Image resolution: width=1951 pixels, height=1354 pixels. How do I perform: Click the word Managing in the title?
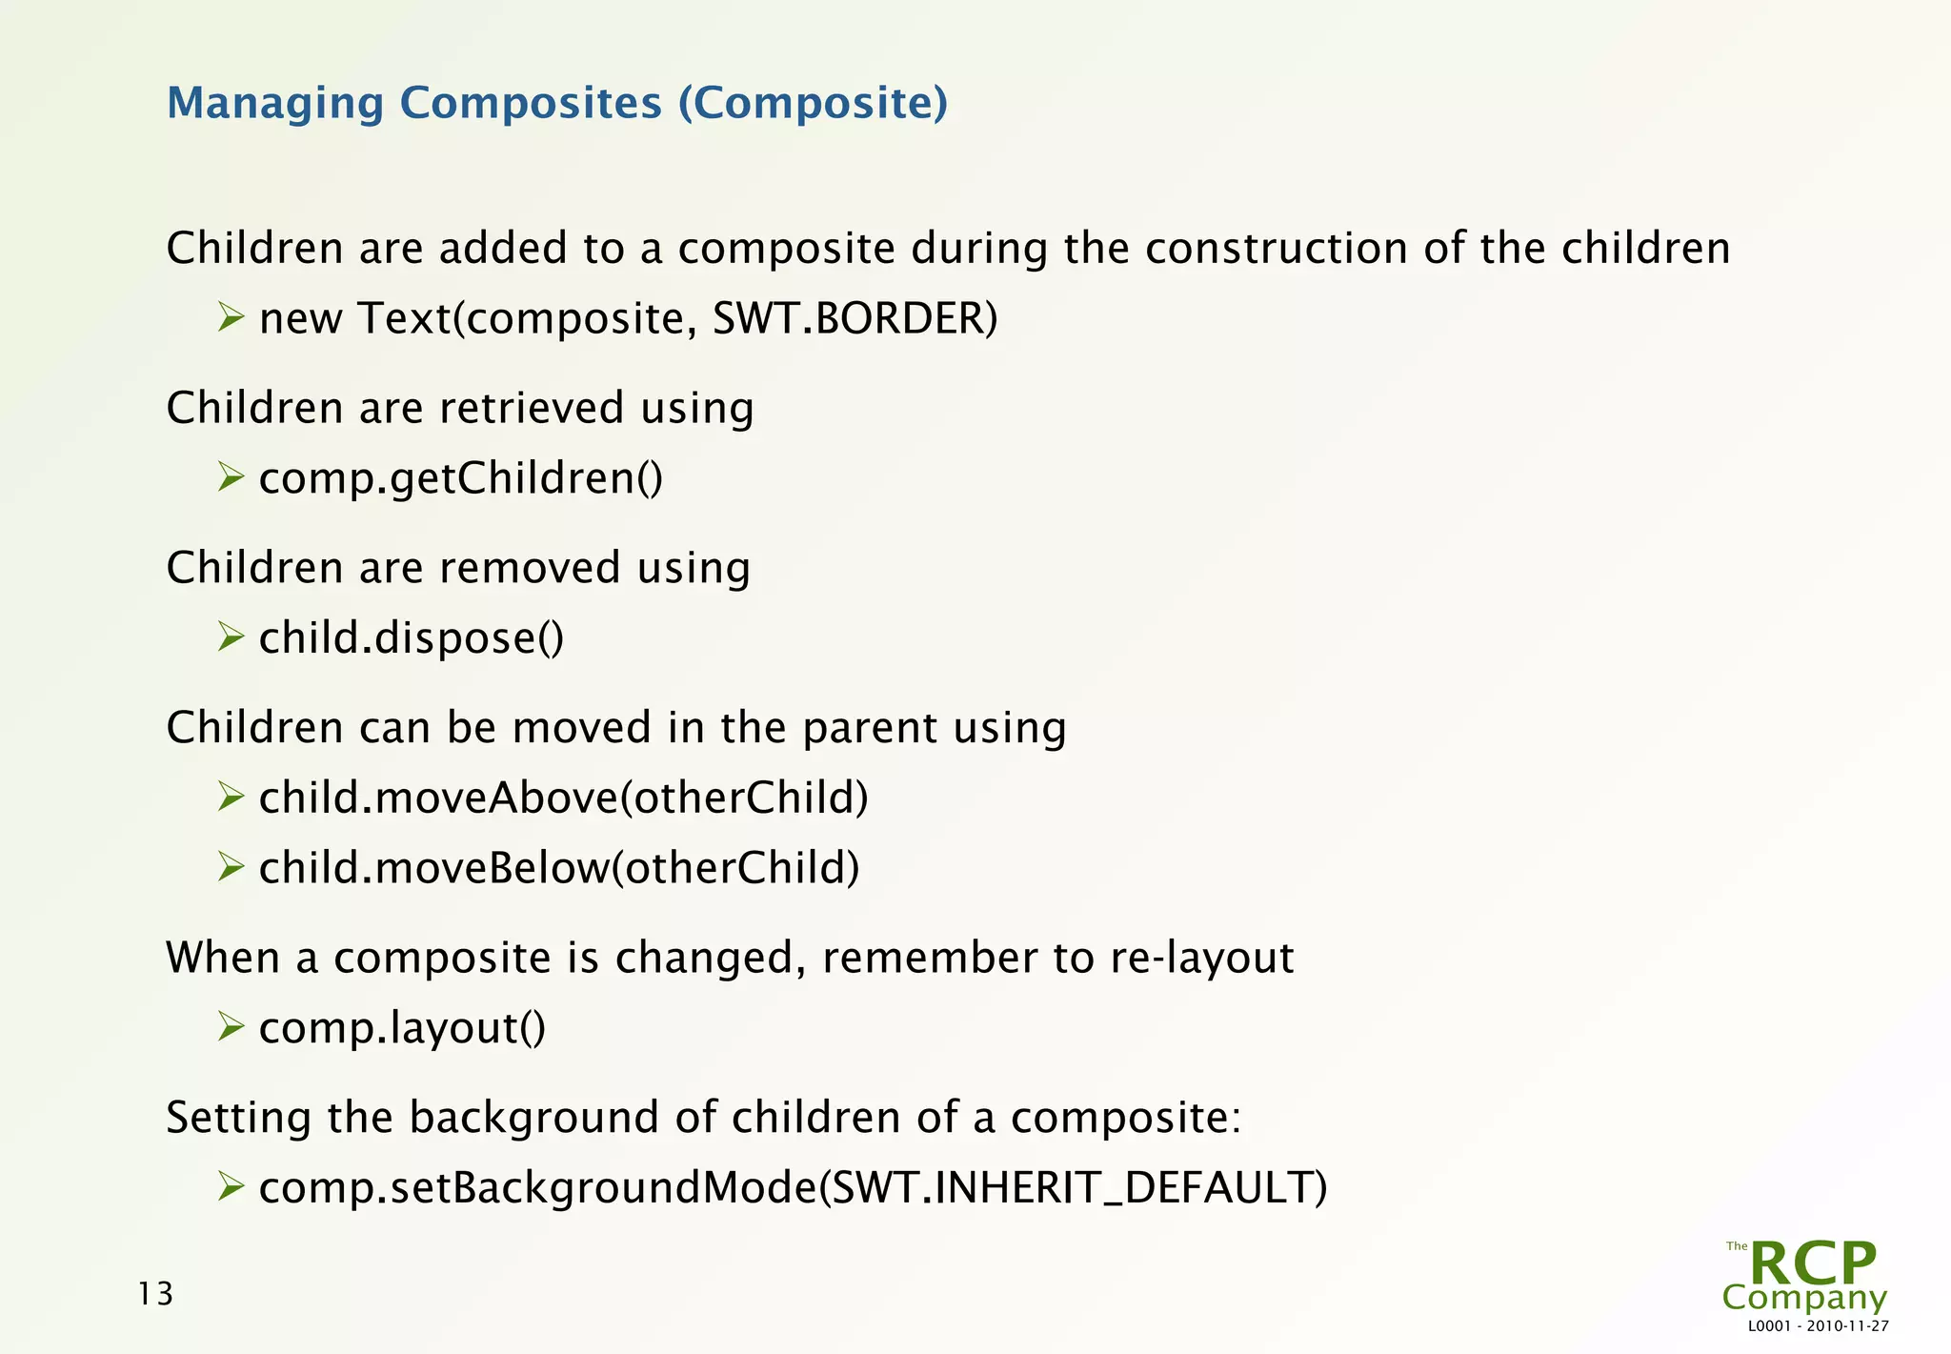point(274,103)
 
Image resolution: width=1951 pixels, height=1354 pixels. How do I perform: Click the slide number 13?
point(155,1294)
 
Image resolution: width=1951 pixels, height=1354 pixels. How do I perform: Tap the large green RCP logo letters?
point(1812,1263)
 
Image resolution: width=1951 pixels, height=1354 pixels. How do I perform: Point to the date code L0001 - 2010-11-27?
point(1818,1326)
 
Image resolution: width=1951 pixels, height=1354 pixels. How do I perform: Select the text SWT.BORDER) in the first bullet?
point(855,318)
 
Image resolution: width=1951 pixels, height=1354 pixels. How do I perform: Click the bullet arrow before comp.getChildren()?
point(231,475)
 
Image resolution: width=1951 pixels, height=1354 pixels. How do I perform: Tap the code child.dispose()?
point(411,637)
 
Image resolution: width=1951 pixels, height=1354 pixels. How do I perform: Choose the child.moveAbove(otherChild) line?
point(563,798)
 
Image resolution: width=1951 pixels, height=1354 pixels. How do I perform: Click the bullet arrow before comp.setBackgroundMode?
point(231,1186)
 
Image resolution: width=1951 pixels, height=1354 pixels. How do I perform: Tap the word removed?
point(529,568)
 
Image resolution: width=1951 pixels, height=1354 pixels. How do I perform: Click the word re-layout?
point(1201,958)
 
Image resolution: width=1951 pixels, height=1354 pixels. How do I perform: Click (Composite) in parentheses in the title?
point(813,103)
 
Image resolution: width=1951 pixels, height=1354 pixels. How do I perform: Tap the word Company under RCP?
point(1803,1298)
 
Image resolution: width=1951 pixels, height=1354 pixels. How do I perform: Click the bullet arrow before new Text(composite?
point(231,316)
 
